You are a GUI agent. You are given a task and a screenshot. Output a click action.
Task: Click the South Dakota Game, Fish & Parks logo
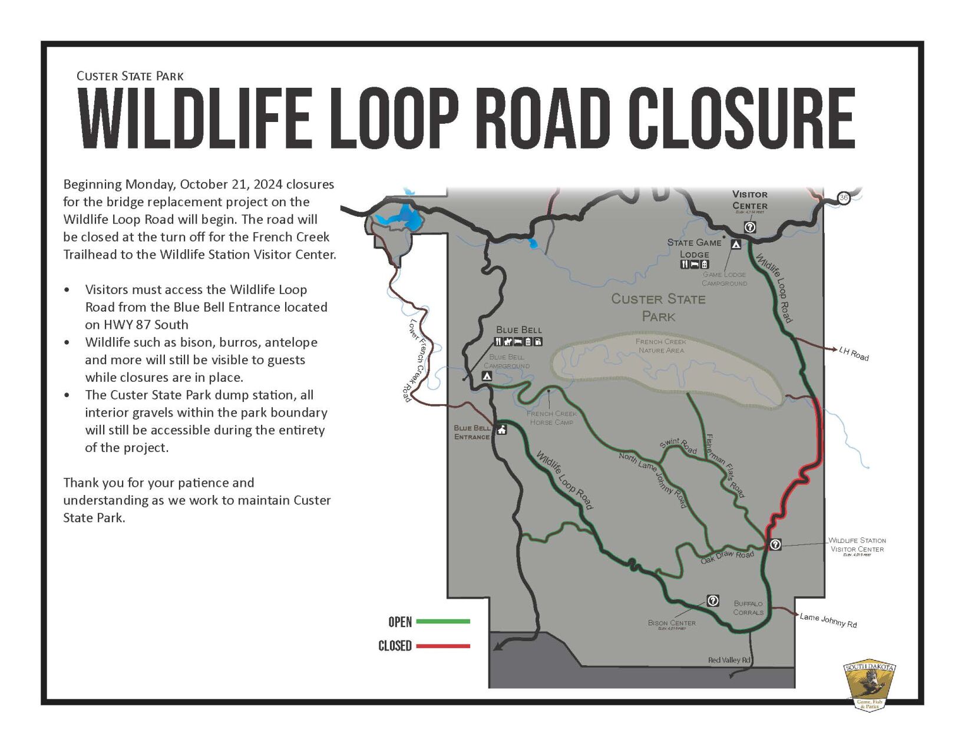[x=870, y=685]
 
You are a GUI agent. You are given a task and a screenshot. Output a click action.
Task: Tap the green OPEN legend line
[x=443, y=621]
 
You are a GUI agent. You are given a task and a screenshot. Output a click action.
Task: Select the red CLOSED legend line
[x=443, y=646]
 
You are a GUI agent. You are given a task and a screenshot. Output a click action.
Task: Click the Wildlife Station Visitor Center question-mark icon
[x=775, y=544]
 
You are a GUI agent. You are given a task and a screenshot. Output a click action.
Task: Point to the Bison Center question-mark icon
[x=712, y=600]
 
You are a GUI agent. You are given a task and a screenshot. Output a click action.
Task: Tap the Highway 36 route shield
[x=844, y=197]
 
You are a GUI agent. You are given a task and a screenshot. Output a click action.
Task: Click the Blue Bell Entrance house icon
[x=501, y=430]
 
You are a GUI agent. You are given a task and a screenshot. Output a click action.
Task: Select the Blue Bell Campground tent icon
[x=487, y=376]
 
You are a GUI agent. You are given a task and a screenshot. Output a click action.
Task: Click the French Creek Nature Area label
[x=661, y=346]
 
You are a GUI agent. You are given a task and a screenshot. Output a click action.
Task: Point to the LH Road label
[x=854, y=354]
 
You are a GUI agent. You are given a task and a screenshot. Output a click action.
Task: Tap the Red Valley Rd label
[x=729, y=660]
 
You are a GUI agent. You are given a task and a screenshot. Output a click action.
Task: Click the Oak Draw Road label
[x=727, y=557]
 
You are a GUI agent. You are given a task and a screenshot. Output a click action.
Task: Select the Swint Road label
[x=678, y=446]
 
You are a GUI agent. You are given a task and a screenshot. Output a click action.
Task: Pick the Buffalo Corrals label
[x=748, y=608]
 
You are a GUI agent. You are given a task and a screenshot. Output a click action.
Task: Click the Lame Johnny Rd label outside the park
[x=828, y=620]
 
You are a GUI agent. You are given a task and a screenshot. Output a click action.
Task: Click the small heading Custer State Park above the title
[x=130, y=76]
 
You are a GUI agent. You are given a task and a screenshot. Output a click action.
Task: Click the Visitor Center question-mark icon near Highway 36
[x=749, y=227]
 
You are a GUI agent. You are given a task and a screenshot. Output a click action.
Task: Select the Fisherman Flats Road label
[x=725, y=465]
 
